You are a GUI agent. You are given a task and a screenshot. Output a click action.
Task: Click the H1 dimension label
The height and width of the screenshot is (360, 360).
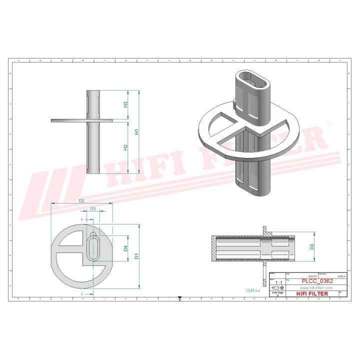[136, 132]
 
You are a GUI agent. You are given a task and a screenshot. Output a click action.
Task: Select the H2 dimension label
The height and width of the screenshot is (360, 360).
[126, 147]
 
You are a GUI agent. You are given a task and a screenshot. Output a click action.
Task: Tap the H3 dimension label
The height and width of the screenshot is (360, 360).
[126, 104]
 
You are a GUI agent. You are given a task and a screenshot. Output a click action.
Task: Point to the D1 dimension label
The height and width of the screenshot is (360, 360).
[136, 256]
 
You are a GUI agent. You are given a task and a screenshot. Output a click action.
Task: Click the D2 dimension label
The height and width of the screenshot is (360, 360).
[81, 201]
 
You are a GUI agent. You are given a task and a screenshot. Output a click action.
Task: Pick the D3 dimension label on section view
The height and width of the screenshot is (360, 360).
[311, 246]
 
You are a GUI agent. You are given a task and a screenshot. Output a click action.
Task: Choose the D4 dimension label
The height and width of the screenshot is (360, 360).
[126, 248]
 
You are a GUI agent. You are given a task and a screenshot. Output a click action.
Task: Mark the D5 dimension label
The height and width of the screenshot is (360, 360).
[93, 209]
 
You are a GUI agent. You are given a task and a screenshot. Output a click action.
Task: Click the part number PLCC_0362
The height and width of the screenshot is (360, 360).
[315, 281]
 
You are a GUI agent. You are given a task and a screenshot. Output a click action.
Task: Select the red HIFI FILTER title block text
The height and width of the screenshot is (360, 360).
[312, 293]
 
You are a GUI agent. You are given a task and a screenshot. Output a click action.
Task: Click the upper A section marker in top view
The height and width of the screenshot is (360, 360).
[81, 219]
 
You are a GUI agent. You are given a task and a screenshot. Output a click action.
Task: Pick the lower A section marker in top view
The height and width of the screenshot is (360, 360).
[81, 294]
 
